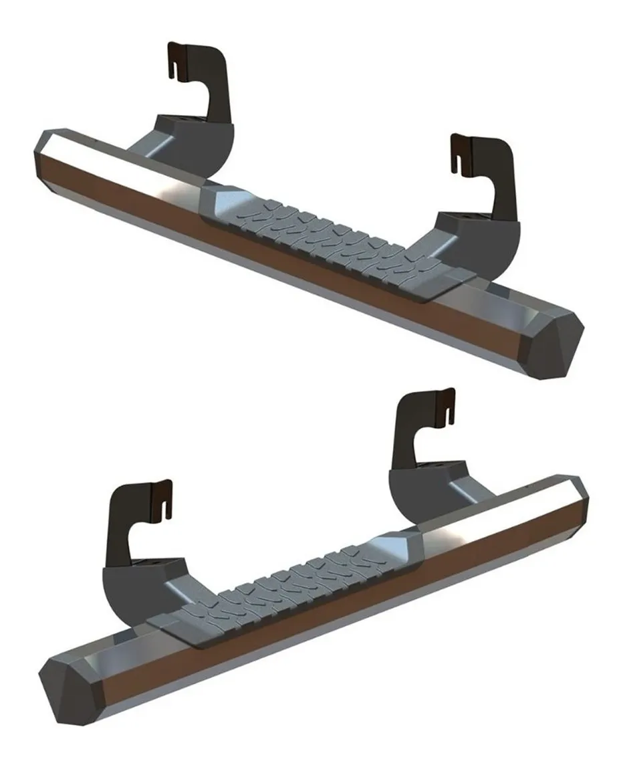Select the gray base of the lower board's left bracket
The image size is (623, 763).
coord(140,582)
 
